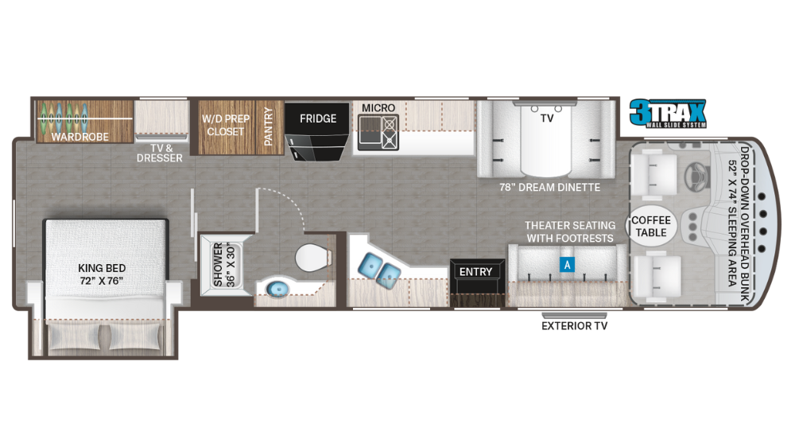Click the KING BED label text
click(102, 274)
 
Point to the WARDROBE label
click(80, 137)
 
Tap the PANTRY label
click(269, 126)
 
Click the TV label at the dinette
click(547, 118)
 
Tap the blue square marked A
click(567, 266)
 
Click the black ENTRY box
click(476, 271)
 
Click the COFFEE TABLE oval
click(651, 226)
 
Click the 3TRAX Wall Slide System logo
click(666, 113)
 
